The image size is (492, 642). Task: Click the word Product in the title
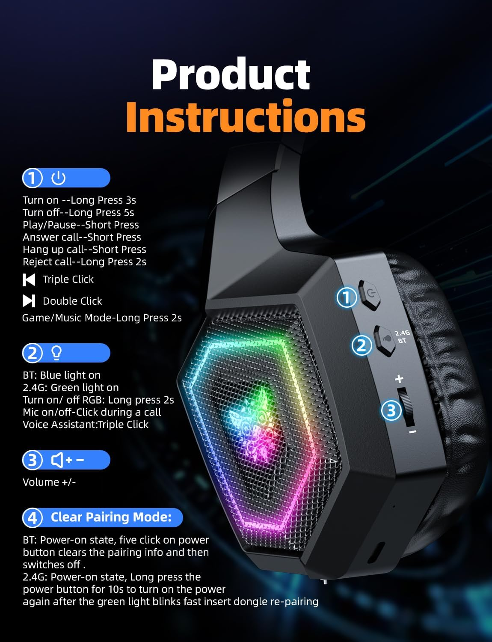point(231,74)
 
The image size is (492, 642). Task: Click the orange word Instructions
point(246,116)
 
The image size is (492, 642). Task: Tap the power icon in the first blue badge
point(58,178)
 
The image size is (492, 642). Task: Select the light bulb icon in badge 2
point(56,353)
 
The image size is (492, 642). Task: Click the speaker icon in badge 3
point(58,460)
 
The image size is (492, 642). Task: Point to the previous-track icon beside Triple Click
point(29,279)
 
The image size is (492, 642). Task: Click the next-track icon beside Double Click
point(29,301)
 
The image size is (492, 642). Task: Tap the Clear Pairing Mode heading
point(111,517)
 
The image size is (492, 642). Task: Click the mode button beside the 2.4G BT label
point(385,341)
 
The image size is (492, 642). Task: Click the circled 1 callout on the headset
point(347,297)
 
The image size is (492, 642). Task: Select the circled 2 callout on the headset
point(362,345)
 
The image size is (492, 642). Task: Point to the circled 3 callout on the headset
point(391,411)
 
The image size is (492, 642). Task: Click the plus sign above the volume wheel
point(399,379)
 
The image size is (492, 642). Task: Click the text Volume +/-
point(49,482)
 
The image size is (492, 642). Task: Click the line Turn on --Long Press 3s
point(79,200)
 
